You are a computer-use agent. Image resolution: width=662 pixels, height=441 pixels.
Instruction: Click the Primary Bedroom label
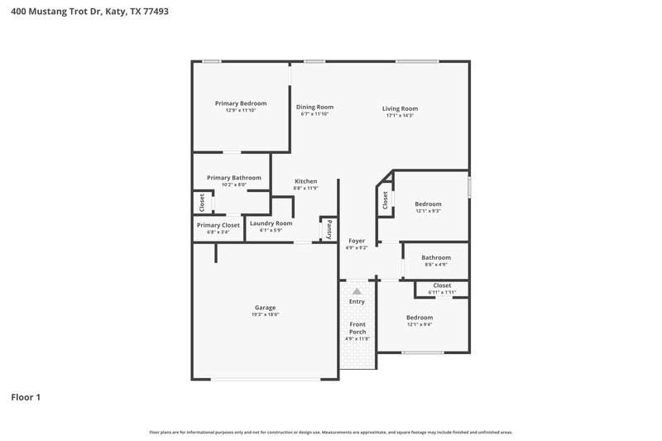click(x=241, y=103)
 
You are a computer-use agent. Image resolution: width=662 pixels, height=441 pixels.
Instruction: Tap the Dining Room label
click(x=314, y=107)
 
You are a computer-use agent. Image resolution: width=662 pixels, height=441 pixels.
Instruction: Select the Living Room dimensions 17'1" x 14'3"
click(x=400, y=115)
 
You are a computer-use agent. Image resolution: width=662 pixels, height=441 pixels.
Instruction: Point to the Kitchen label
click(x=306, y=181)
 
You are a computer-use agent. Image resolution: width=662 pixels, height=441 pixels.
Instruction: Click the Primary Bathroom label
click(x=234, y=177)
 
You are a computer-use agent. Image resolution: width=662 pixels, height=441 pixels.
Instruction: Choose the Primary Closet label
click(x=218, y=225)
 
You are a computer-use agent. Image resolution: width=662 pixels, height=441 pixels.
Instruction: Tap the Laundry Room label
click(x=271, y=223)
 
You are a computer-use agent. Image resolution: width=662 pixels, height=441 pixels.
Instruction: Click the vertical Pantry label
click(x=329, y=228)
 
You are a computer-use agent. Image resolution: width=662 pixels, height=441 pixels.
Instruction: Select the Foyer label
click(x=357, y=241)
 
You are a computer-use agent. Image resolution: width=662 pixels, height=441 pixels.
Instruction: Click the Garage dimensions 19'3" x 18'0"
click(x=265, y=314)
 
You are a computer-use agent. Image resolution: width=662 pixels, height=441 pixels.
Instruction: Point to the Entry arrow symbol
click(x=357, y=291)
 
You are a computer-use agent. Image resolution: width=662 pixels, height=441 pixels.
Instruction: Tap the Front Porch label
click(x=357, y=328)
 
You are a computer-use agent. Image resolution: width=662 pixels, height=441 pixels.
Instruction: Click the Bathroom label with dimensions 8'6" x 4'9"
click(x=435, y=257)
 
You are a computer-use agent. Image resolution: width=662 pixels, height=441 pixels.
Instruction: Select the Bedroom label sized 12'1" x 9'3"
click(x=428, y=204)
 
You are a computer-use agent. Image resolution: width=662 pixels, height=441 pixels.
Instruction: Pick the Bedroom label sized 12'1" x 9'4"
click(x=419, y=318)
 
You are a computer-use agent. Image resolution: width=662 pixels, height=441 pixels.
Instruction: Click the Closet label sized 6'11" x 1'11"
click(x=442, y=285)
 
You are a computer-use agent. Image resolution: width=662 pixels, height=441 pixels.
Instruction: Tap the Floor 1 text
click(x=26, y=397)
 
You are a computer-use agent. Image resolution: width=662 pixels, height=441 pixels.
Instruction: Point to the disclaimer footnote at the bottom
click(x=330, y=432)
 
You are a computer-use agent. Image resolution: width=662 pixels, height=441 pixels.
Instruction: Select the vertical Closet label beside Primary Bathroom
click(x=201, y=202)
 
